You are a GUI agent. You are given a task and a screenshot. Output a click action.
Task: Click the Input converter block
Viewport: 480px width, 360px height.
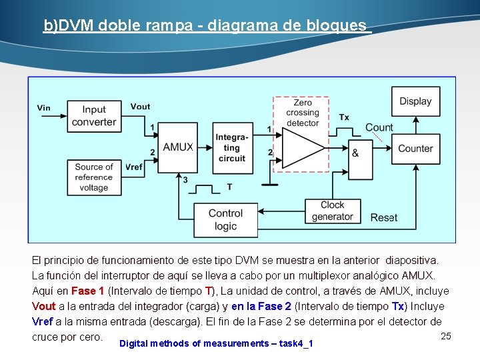coord(94,116)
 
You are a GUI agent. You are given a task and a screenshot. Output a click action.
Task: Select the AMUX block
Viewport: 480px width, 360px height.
coord(178,147)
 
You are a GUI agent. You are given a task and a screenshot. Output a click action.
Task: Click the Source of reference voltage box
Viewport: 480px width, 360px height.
coord(94,177)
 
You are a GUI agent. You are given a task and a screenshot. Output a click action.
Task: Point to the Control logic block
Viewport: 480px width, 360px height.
coord(225,219)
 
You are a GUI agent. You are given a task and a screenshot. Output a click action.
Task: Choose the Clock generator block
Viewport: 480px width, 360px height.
coord(332,211)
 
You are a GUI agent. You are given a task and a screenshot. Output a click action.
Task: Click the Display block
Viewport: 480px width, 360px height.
coord(415,101)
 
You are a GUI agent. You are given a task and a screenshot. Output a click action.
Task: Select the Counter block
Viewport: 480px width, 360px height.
coord(415,148)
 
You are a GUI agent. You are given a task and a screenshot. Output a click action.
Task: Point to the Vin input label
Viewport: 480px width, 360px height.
coord(44,107)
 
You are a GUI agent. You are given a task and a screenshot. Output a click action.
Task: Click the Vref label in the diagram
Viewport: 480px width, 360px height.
coord(133,167)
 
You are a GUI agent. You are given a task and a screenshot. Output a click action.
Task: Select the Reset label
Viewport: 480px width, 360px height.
coord(384,217)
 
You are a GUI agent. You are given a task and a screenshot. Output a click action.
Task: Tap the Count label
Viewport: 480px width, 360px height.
coord(379,127)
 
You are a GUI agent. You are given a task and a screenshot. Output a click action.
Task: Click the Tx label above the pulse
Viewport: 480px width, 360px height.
coord(343,117)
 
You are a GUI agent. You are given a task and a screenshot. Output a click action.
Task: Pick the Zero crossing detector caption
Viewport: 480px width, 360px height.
coord(302,113)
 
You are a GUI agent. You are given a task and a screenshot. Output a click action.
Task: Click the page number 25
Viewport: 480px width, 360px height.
coord(446,336)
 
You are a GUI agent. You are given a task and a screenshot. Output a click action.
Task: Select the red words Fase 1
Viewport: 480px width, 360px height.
coord(87,291)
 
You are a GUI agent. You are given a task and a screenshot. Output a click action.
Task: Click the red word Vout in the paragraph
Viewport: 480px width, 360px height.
coord(44,307)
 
